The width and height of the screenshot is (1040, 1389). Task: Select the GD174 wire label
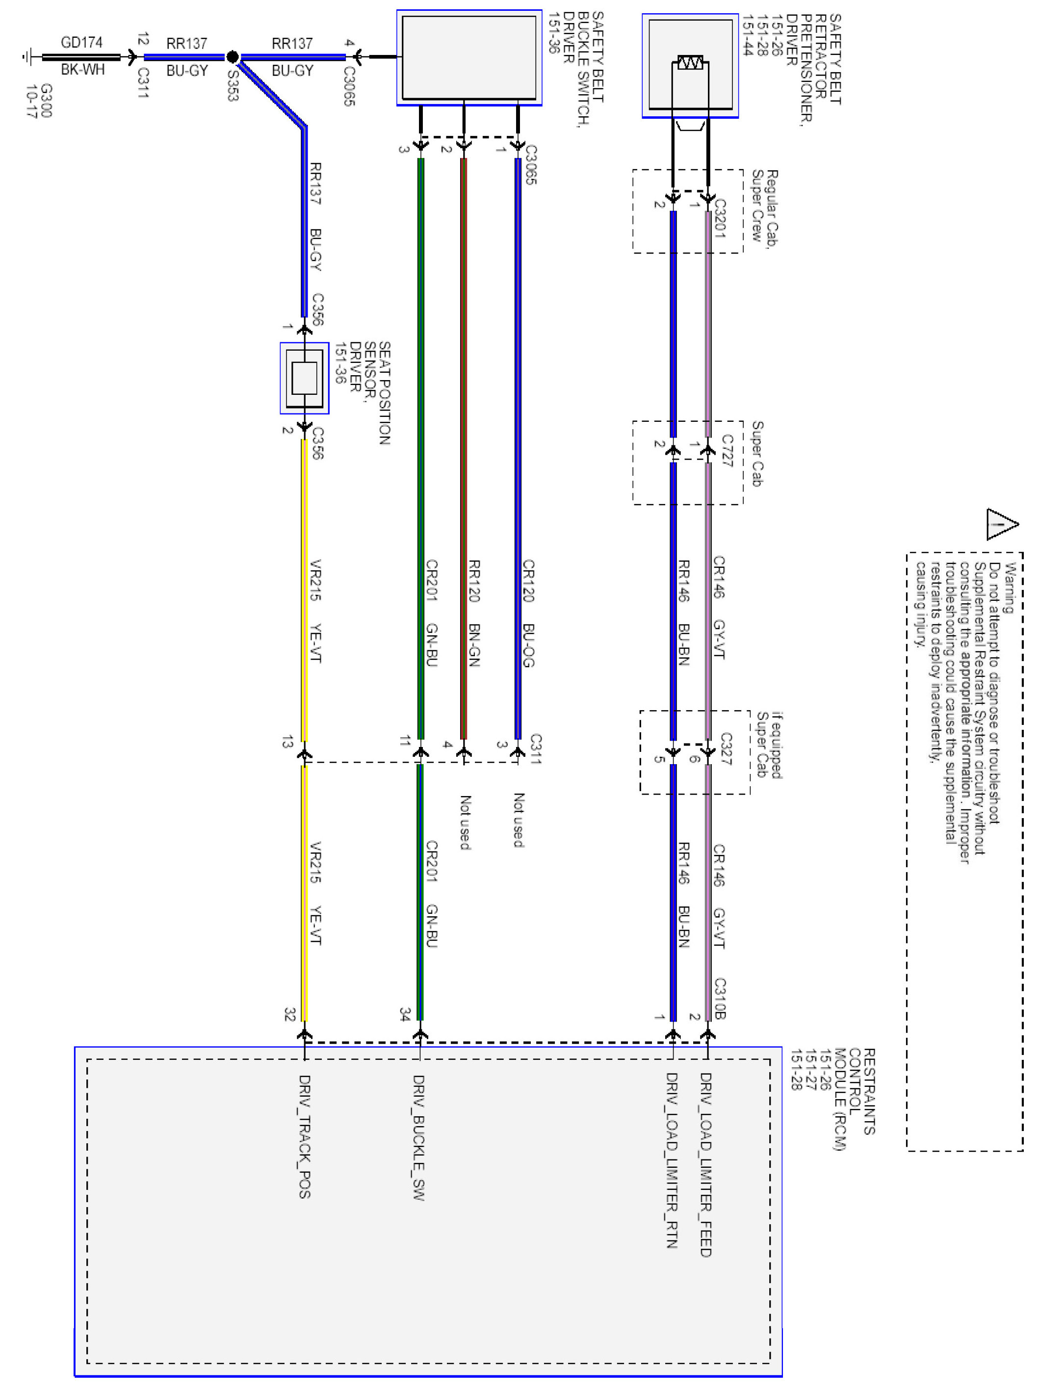pyautogui.click(x=81, y=43)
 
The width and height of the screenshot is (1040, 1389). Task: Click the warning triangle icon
pyautogui.click(x=1001, y=524)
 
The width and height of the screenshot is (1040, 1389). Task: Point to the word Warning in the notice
pyautogui.click(x=1009, y=589)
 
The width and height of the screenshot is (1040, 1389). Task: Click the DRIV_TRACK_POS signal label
pyautogui.click(x=305, y=1136)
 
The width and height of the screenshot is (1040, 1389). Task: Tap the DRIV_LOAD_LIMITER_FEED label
pyautogui.click(x=706, y=1165)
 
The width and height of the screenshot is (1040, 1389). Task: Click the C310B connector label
pyautogui.click(x=720, y=999)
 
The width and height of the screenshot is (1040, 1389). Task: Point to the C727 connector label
pyautogui.click(x=727, y=450)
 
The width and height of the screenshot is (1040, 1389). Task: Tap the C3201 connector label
pyautogui.click(x=720, y=219)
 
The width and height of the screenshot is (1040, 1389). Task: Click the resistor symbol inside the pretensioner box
pyautogui.click(x=690, y=63)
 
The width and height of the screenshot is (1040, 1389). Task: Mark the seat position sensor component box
pyautogui.click(x=305, y=378)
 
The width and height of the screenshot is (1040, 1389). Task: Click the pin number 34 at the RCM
pyautogui.click(x=405, y=1014)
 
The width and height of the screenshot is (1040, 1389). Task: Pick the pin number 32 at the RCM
pyautogui.click(x=289, y=1014)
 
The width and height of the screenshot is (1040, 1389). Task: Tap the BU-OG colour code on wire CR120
pyautogui.click(x=528, y=645)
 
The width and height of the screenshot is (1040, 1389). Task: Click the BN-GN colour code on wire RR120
pyautogui.click(x=474, y=645)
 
